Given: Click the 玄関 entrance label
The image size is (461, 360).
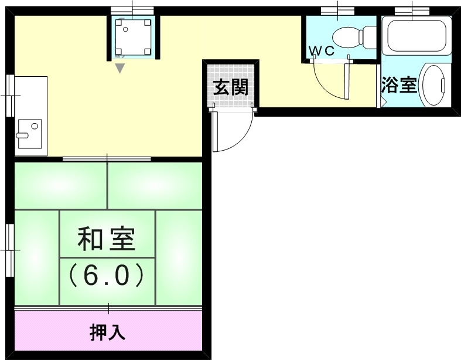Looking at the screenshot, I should point(230,88).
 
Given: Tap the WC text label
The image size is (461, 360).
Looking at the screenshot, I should point(322,51).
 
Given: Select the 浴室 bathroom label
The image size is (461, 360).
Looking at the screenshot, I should point(399,86).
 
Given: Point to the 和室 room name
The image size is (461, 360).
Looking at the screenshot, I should point(107,239).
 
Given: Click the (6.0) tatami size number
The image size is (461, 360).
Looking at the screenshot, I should point(107,275).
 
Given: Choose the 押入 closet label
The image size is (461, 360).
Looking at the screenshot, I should point(107,333).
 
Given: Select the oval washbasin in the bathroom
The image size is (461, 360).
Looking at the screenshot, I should point(434,86).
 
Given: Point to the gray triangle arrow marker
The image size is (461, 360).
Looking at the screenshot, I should point(119,69).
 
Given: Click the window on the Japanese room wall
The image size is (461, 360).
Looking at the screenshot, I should point(9,249).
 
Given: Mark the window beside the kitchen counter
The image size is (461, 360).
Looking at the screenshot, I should point(9,94).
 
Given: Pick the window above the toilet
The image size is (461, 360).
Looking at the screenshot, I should point(338,10).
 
